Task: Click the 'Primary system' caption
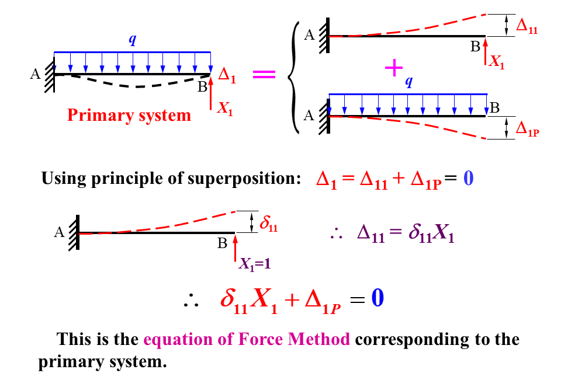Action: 129,115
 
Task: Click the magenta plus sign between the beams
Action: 394,68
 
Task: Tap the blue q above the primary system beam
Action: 133,40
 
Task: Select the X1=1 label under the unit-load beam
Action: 254,263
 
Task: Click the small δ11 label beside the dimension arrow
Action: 269,224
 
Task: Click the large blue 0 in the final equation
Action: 378,299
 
